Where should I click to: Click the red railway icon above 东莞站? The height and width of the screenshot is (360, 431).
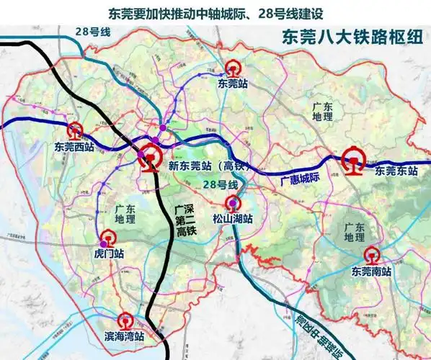232,68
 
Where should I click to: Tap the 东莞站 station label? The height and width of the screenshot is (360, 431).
232,84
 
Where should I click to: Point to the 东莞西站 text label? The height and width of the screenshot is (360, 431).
74,147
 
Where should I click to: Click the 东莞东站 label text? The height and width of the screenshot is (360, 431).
396,171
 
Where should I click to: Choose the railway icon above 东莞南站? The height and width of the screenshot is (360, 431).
372,256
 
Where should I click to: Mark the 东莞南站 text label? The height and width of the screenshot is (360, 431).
371,272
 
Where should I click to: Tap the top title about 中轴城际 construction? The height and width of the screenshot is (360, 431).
215,13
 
